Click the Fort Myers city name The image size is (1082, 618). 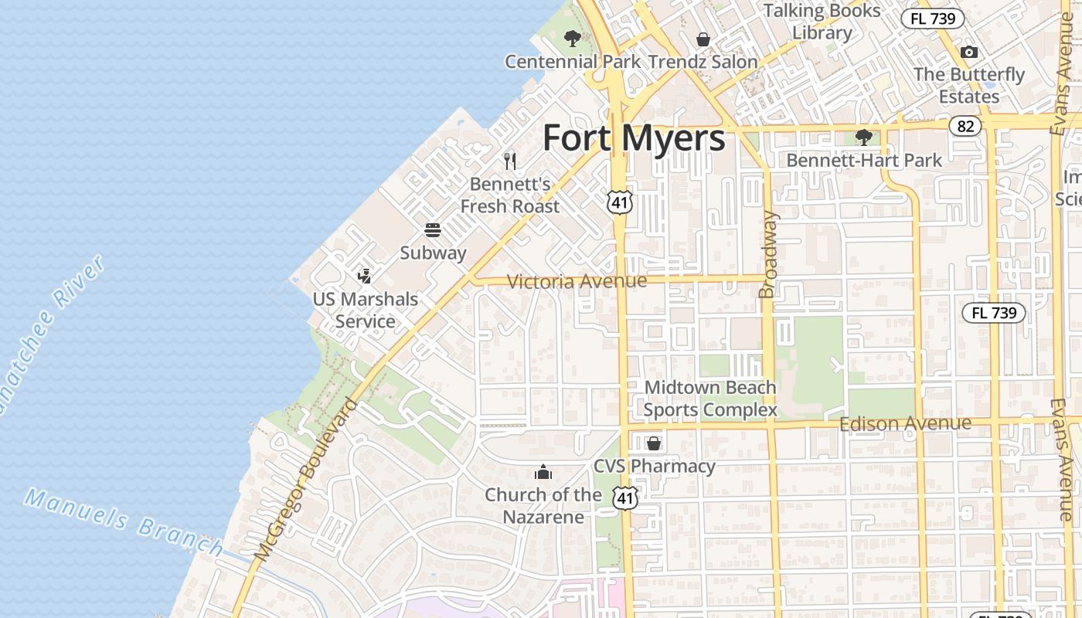pyautogui.click(x=634, y=138)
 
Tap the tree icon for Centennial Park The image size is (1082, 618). pyautogui.click(x=572, y=38)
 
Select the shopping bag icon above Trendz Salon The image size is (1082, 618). pyautogui.click(x=703, y=39)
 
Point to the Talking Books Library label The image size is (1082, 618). pyautogui.click(x=822, y=22)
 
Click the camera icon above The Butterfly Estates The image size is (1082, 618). pyautogui.click(x=969, y=53)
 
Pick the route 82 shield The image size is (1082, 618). pyautogui.click(x=965, y=126)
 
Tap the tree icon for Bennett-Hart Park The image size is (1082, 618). pyautogui.click(x=864, y=138)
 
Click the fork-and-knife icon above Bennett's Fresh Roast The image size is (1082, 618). pyautogui.click(x=509, y=161)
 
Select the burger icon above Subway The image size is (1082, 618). pyautogui.click(x=433, y=230)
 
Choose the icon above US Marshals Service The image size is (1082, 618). pyautogui.click(x=365, y=275)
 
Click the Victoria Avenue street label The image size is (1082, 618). pyautogui.click(x=577, y=280)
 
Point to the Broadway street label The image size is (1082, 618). pyautogui.click(x=767, y=254)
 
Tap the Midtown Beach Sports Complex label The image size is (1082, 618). pyautogui.click(x=710, y=399)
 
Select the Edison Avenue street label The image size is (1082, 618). pyautogui.click(x=905, y=423)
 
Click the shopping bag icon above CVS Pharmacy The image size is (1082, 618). pyautogui.click(x=654, y=443)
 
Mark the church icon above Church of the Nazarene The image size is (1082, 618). pyautogui.click(x=543, y=472)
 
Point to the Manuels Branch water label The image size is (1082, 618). pyautogui.click(x=124, y=521)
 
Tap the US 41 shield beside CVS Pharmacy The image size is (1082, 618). pyautogui.click(x=625, y=498)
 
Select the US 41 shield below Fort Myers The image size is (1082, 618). pyautogui.click(x=620, y=202)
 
